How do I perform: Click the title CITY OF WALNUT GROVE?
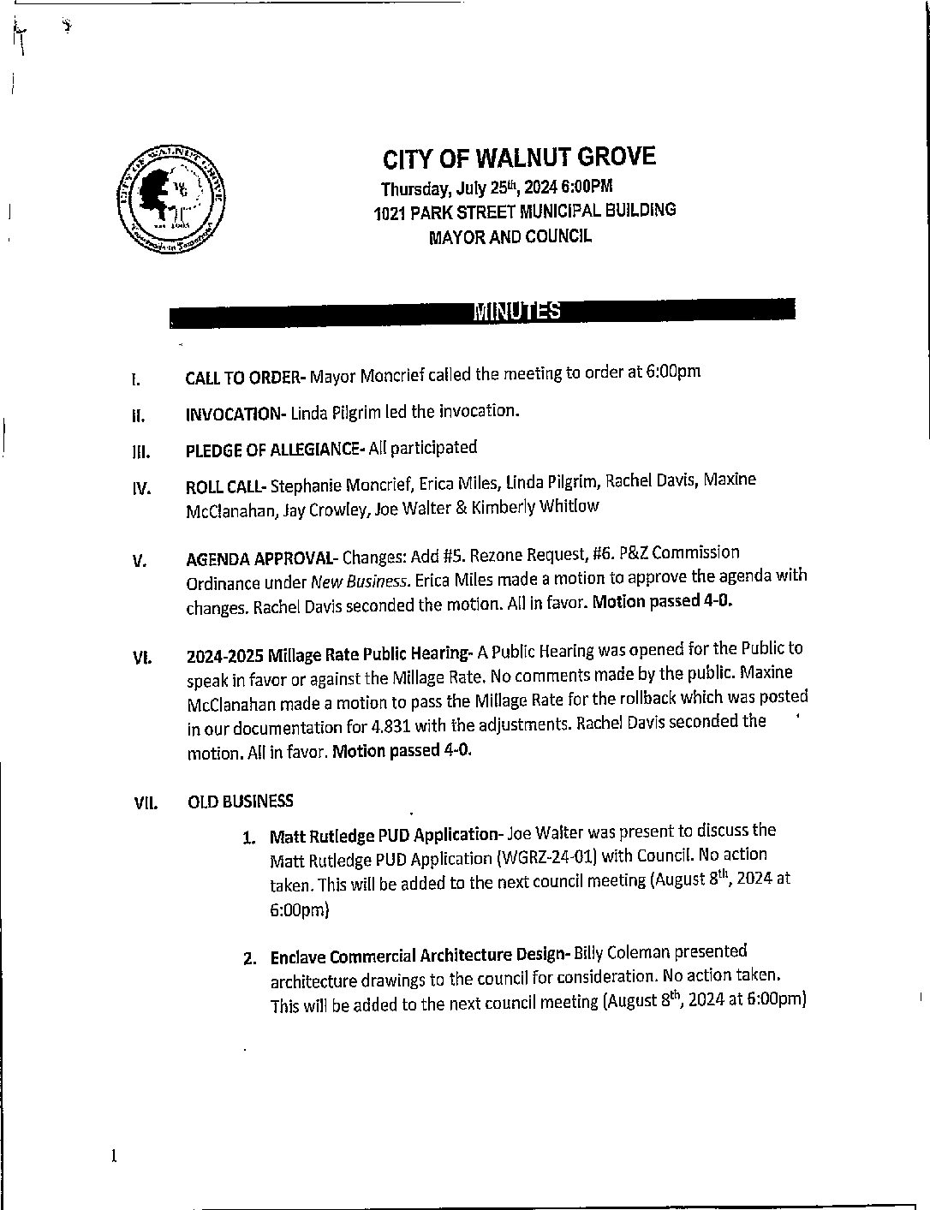519,158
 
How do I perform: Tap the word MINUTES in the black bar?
517,311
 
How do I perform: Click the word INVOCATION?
235,414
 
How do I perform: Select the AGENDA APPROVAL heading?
261,559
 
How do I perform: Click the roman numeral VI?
142,659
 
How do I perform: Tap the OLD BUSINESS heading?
240,802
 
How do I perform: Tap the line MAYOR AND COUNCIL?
510,236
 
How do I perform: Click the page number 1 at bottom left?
113,1156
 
